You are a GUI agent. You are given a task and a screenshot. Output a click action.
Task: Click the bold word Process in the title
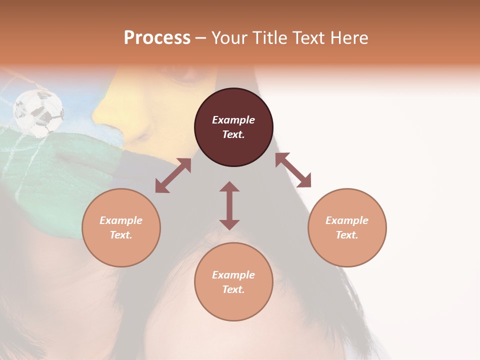click(157, 38)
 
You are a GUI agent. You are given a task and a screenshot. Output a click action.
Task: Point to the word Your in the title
click(228, 38)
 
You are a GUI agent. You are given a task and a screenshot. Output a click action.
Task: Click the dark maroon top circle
click(233, 127)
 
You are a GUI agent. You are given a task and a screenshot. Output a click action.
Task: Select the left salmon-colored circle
click(121, 227)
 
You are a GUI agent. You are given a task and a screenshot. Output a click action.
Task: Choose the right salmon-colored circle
click(347, 227)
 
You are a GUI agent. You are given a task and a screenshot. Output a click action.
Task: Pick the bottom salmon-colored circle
click(233, 281)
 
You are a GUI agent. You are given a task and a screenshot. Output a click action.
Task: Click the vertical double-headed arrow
click(229, 205)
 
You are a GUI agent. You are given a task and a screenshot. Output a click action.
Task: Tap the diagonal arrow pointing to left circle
click(173, 175)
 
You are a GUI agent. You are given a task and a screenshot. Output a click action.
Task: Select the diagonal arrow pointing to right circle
click(293, 170)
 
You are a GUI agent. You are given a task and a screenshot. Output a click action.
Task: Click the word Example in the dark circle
click(233, 120)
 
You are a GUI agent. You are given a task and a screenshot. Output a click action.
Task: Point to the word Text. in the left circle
click(121, 235)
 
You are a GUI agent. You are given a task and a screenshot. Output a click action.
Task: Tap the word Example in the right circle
click(347, 220)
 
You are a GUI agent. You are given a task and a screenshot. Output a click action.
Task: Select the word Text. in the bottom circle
click(233, 289)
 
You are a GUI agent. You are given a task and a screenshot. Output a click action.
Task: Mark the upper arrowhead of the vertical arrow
click(229, 187)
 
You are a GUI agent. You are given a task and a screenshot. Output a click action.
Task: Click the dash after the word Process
click(201, 38)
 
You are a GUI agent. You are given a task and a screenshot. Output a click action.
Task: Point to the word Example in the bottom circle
click(233, 275)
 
